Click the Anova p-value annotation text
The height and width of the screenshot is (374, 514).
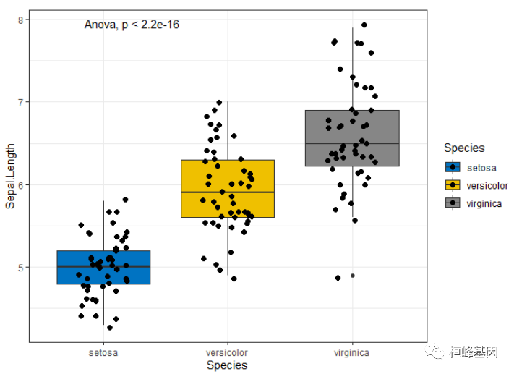[132, 25]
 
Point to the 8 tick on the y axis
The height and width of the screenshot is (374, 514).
[21, 20]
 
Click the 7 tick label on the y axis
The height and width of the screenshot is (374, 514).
[21, 102]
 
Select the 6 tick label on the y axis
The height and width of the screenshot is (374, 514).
[21, 184]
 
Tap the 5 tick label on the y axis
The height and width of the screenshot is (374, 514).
[21, 267]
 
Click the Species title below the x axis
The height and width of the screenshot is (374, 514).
[227, 365]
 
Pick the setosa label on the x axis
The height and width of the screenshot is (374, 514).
[103, 352]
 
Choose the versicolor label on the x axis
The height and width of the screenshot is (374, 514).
[227, 352]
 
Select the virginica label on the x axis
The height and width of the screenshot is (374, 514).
[352, 352]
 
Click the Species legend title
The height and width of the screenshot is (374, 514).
[464, 148]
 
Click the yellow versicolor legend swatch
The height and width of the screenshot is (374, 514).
[453, 185]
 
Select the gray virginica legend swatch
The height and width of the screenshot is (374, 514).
[453, 203]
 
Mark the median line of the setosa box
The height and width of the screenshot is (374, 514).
[72, 267]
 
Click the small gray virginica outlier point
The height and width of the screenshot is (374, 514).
[353, 276]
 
